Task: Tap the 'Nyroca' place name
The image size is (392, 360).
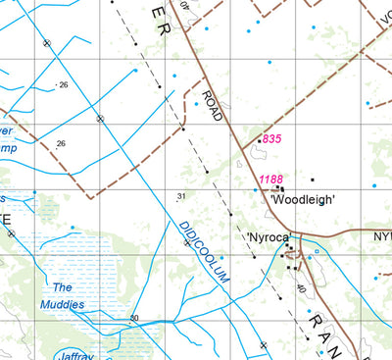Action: (x=268, y=238)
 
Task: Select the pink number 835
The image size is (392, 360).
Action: (x=271, y=139)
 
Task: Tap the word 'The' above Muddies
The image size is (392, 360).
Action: (x=63, y=287)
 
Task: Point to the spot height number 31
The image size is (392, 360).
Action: (x=180, y=197)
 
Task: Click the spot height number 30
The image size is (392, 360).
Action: (x=133, y=318)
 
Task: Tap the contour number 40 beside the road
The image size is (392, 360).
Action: (x=300, y=289)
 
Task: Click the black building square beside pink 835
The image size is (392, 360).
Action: (x=259, y=141)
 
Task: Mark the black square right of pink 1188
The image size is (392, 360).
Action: (x=313, y=180)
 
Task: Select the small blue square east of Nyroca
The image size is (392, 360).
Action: (x=316, y=252)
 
